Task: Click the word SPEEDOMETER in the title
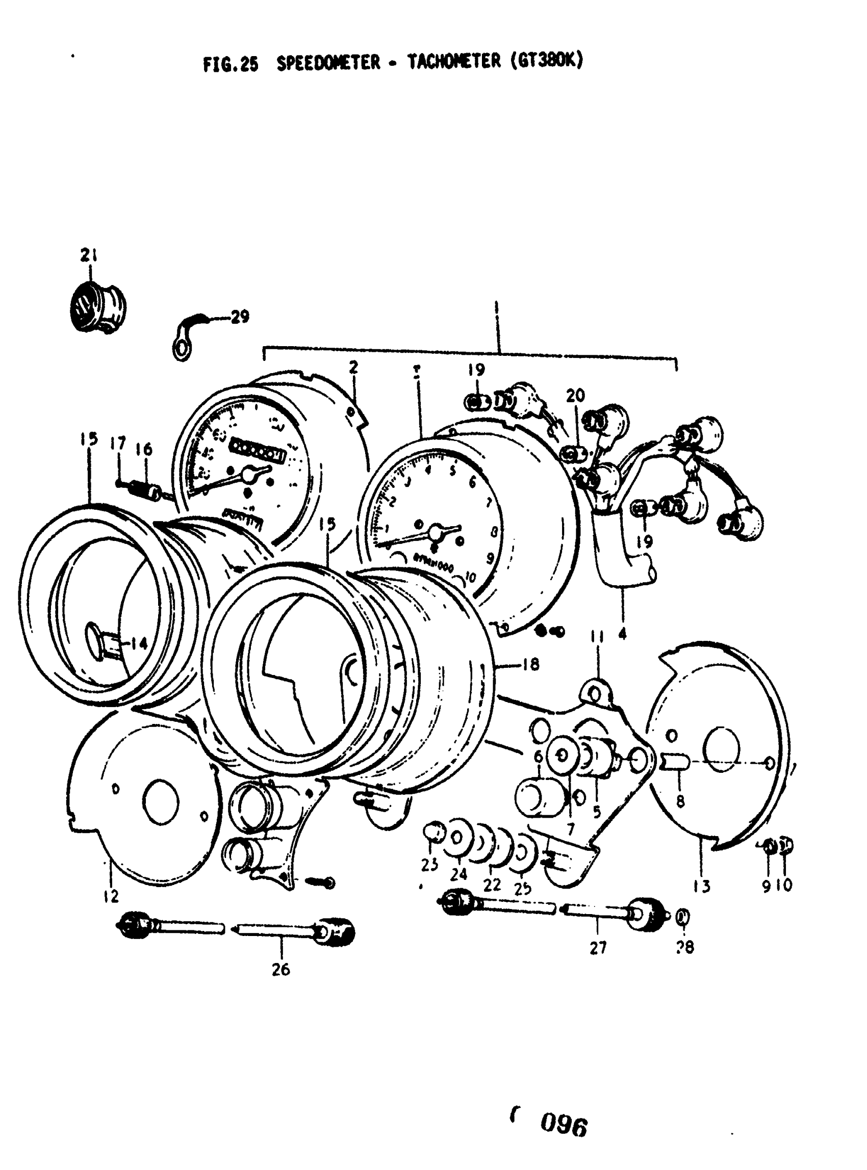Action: (x=328, y=63)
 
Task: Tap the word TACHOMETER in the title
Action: (x=454, y=62)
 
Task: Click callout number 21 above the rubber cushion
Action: (x=89, y=255)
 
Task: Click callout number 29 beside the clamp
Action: (x=240, y=317)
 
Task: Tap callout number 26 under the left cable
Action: (x=281, y=970)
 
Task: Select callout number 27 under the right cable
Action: (x=598, y=948)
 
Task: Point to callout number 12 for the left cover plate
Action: (x=111, y=896)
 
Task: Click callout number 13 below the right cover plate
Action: (x=702, y=886)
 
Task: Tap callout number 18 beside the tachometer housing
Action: (x=531, y=665)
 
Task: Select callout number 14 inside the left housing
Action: (x=139, y=643)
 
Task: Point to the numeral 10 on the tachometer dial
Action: (x=470, y=577)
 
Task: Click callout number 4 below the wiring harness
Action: (x=622, y=634)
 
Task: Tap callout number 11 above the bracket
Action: (x=597, y=636)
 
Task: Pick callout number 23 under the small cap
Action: (x=430, y=864)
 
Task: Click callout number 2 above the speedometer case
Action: (x=353, y=367)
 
